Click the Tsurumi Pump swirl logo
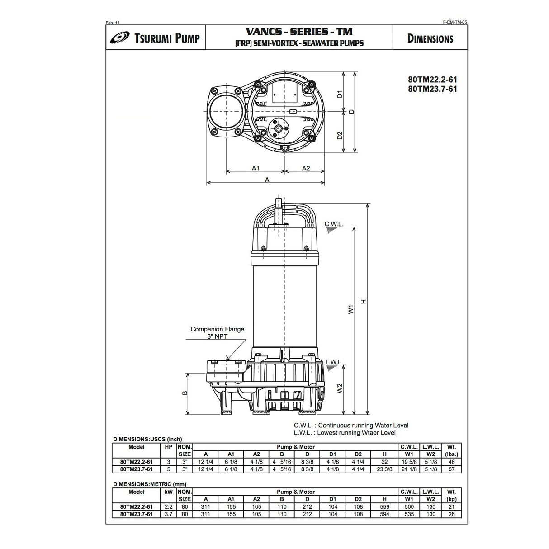(119, 38)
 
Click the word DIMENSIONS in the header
(430, 38)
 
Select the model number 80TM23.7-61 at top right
(432, 89)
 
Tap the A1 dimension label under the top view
(256, 168)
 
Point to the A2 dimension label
(306, 168)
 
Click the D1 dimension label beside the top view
(340, 94)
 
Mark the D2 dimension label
(340, 135)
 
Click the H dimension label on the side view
(363, 302)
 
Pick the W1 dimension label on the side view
(350, 310)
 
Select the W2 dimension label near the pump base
(340, 388)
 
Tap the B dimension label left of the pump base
(185, 393)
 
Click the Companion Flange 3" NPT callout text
(217, 332)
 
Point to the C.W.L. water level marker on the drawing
(334, 224)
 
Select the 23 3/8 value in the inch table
(384, 469)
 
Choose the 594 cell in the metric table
(384, 514)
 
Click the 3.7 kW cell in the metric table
(168, 514)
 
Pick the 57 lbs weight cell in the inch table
(452, 469)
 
